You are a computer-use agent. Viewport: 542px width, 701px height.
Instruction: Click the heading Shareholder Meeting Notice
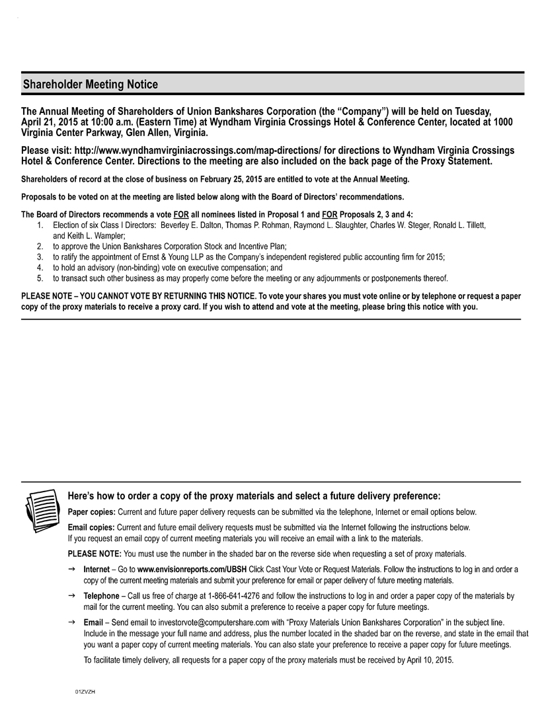pos(91,85)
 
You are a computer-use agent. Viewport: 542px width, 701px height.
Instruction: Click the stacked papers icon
pos(42,509)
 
